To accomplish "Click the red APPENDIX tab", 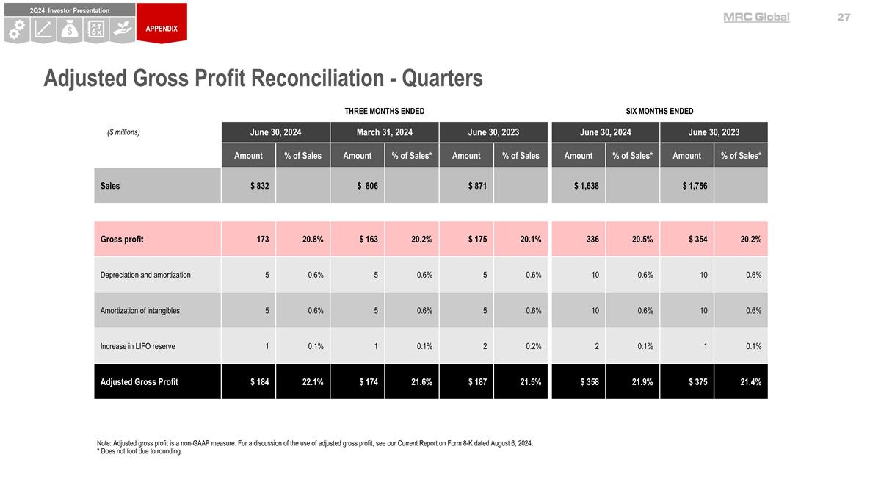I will click(x=162, y=28).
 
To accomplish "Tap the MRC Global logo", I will click(x=756, y=17).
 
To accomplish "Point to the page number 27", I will click(x=844, y=17).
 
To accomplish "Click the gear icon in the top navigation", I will click(x=17, y=29).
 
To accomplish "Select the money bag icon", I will click(x=70, y=29).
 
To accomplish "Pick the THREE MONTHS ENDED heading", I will click(x=385, y=111).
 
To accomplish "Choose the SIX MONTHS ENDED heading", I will click(x=659, y=111).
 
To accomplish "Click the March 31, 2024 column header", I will click(x=385, y=132).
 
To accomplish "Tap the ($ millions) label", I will click(x=123, y=132).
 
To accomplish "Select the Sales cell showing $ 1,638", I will click(x=586, y=186).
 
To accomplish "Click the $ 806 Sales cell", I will click(x=367, y=186).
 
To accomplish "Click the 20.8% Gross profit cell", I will click(x=313, y=239).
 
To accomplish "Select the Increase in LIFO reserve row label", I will click(x=137, y=346).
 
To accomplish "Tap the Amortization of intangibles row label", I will click(x=139, y=310).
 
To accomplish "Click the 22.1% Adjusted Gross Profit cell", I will click(x=312, y=381).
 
